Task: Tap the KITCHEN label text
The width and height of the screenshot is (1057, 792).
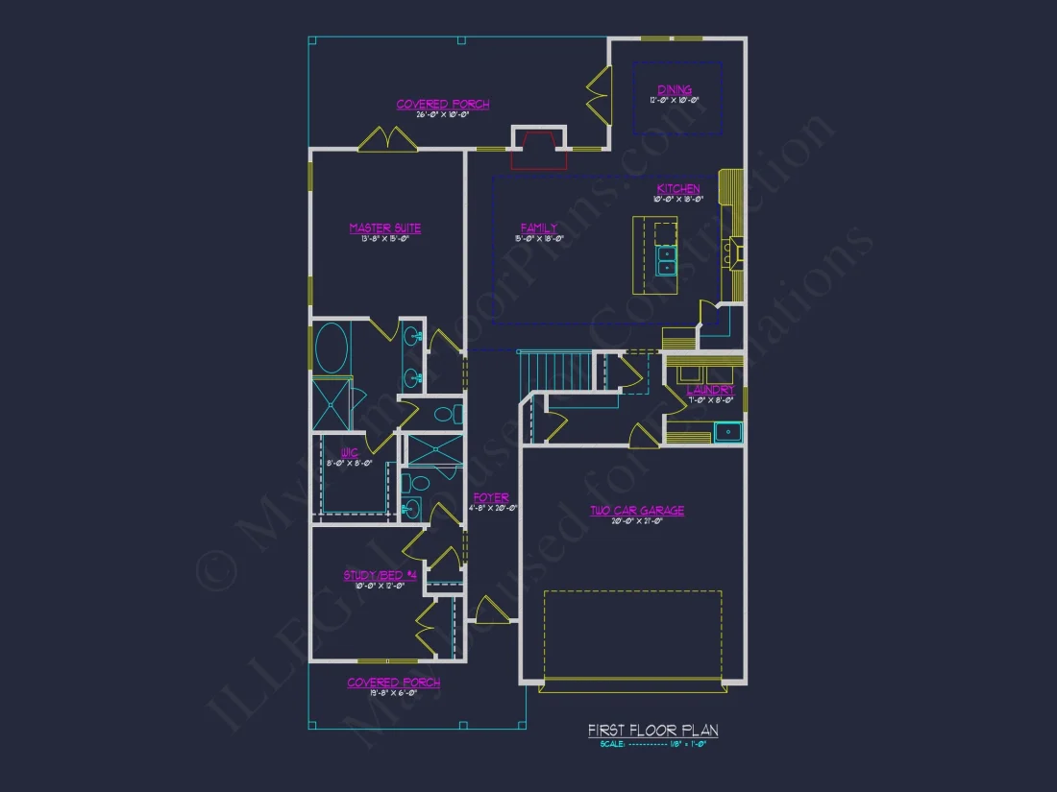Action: tap(677, 189)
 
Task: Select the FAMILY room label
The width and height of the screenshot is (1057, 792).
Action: tap(539, 228)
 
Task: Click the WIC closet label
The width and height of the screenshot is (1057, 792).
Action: tap(349, 452)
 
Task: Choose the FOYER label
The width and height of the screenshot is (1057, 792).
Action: tap(490, 498)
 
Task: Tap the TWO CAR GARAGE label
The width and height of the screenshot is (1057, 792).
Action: tap(637, 511)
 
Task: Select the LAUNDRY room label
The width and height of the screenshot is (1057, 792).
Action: tap(710, 391)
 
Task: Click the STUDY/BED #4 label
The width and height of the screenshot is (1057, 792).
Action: tap(381, 576)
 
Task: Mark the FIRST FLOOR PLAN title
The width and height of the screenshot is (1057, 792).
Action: tap(652, 732)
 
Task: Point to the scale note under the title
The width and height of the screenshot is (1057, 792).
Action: tap(652, 744)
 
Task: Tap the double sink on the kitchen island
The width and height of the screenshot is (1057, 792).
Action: tap(665, 261)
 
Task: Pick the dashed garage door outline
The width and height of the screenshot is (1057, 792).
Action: tap(632, 634)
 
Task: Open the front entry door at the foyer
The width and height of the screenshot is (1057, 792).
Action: tap(491, 611)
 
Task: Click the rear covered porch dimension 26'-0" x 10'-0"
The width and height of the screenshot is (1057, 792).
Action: tap(443, 114)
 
